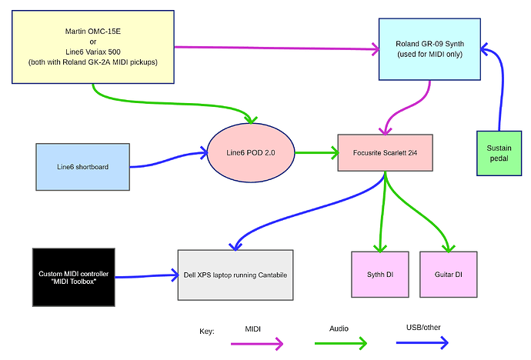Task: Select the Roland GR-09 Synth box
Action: click(430, 49)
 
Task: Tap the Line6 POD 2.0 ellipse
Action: click(251, 154)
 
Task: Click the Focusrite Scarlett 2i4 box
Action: click(382, 154)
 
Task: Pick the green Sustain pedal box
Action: click(499, 152)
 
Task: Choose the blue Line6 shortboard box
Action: click(83, 166)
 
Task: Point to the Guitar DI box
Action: click(449, 275)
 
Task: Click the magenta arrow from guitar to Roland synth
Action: click(277, 48)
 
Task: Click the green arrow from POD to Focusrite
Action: click(316, 153)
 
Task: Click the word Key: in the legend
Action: click(207, 331)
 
